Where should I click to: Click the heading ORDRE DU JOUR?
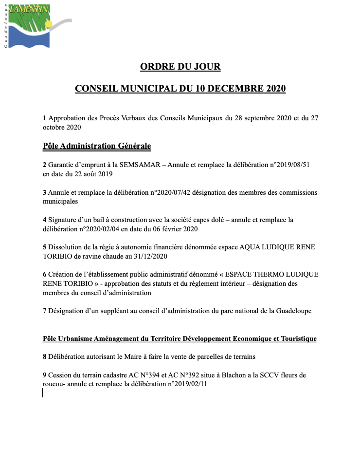[180, 66]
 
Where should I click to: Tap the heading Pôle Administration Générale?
[97, 146]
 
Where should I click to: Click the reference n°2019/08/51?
[287, 165]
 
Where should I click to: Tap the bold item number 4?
[45, 220]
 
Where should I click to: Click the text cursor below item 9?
[43, 393]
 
